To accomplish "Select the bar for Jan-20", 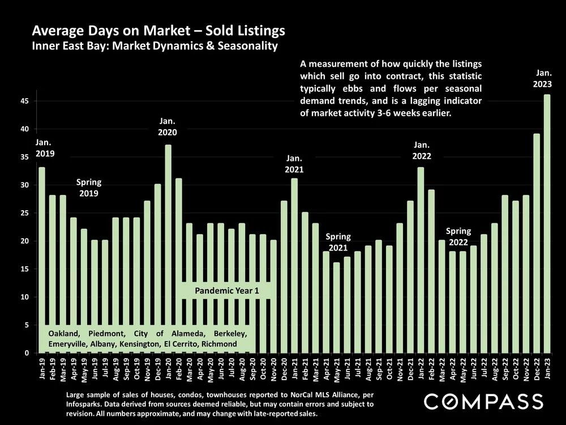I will (168, 249).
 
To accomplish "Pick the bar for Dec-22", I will (537, 244).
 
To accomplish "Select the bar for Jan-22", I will (421, 261).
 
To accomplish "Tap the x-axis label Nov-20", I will (274, 372).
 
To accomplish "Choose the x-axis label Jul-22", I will (484, 371).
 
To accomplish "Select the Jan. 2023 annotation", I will (543, 78).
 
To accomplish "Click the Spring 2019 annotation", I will (89, 188).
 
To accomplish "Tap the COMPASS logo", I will (483, 402).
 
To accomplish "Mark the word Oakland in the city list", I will (64, 333).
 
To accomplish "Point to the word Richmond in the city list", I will (219, 344).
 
